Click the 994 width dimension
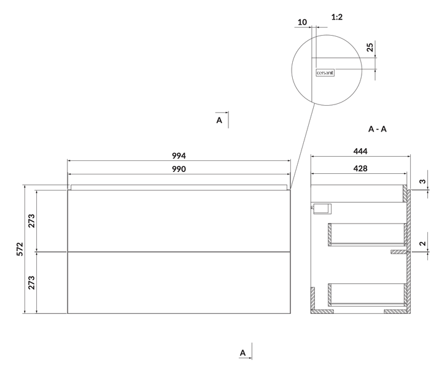[x=179, y=156]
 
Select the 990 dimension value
[x=179, y=169]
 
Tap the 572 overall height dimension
[x=20, y=249]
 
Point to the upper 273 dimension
[x=31, y=221]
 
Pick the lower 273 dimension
[x=31, y=283]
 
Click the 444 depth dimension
[x=360, y=151]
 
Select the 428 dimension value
[x=360, y=168]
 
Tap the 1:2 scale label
[x=337, y=17]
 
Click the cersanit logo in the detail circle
[x=325, y=73]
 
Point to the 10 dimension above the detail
[x=302, y=22]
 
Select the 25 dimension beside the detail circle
[x=370, y=47]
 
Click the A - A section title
[x=378, y=129]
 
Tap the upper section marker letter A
[x=219, y=120]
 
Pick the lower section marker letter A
[x=242, y=353]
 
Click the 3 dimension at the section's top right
[x=422, y=181]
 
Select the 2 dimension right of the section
[x=422, y=243]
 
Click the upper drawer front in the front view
[x=179, y=221]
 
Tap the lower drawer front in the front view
[x=179, y=283]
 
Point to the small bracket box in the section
[x=322, y=209]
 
